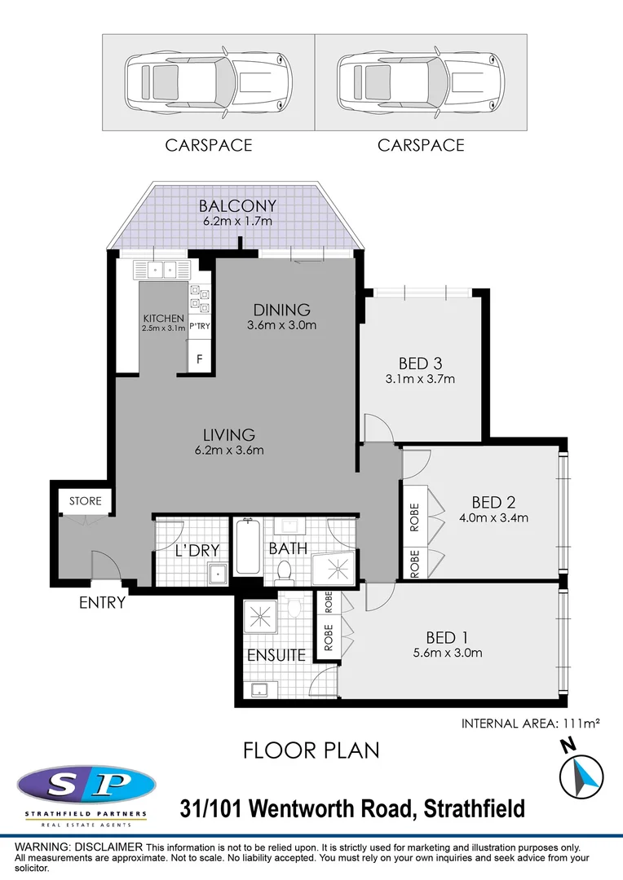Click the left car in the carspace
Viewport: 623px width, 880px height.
208,81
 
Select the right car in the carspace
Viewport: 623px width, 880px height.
420,81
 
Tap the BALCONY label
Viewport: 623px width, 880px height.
237,206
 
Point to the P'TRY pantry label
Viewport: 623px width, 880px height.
200,326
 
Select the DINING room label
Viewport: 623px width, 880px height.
281,310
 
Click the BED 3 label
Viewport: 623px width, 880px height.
420,363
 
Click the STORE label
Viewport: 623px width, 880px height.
85,500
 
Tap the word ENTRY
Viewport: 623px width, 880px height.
102,603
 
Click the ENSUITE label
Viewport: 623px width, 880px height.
277,654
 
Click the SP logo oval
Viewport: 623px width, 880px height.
86,785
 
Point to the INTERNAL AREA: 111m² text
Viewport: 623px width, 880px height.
530,723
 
